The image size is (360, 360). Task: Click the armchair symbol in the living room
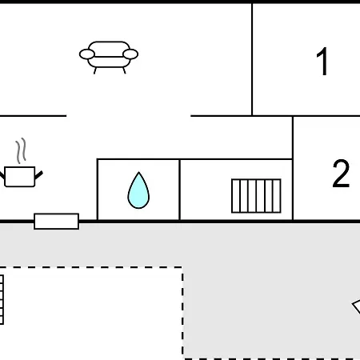click(x=109, y=57)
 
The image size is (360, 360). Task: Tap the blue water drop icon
click(x=138, y=190)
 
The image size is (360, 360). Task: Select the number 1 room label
click(x=322, y=62)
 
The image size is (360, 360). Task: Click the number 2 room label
click(x=341, y=174)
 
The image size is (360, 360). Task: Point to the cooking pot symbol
click(x=20, y=177)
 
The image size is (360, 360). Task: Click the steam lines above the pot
click(x=21, y=150)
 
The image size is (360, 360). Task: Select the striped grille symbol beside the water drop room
click(x=256, y=196)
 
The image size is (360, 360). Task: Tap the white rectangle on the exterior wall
click(x=57, y=222)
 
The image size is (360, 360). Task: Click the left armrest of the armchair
click(x=87, y=54)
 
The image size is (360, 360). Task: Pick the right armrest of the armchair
click(x=130, y=54)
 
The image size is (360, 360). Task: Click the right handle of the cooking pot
click(x=38, y=175)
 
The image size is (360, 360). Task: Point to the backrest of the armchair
click(x=109, y=49)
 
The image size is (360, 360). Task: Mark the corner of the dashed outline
click(x=182, y=267)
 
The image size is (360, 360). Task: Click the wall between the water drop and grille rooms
click(x=180, y=190)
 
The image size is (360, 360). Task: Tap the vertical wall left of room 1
click(x=252, y=60)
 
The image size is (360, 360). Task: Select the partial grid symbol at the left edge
click(x=2, y=300)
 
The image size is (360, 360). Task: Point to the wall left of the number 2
click(x=293, y=169)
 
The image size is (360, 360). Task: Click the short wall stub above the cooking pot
click(x=33, y=116)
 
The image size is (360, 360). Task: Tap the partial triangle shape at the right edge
click(x=357, y=306)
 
